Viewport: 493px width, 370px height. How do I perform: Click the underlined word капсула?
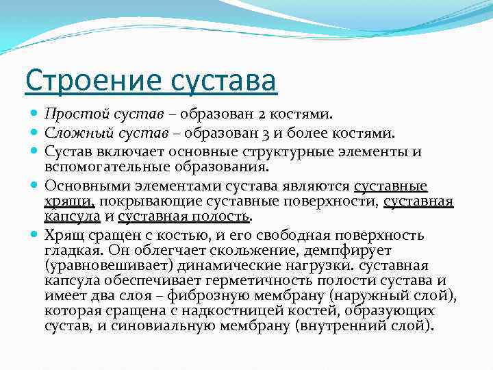tap(72, 217)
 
